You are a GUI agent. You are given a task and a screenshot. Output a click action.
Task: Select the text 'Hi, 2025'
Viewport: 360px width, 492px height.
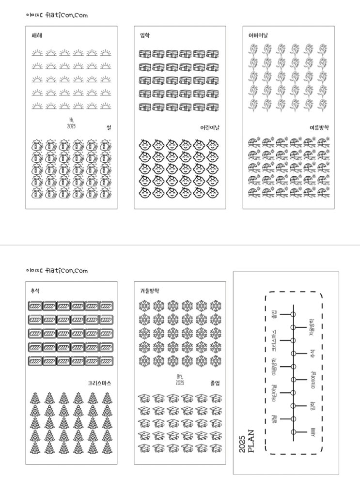[72, 123]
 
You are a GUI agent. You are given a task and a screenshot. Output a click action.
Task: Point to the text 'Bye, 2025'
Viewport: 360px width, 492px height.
[180, 379]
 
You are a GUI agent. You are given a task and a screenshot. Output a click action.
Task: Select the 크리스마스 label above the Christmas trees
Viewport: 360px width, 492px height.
[100, 383]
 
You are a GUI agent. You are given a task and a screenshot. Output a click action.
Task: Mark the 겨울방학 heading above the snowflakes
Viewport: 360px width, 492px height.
[149, 291]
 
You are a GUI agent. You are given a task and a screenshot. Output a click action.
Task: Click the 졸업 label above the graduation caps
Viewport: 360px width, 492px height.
[215, 383]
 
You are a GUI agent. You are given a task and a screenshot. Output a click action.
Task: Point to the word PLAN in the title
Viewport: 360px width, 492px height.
[250, 441]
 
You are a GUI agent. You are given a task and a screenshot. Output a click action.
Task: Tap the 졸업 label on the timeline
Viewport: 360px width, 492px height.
[274, 315]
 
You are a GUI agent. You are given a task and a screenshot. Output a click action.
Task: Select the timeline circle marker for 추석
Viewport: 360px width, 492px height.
[293, 353]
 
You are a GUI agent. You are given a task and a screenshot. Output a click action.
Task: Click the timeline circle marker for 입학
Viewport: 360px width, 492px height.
[293, 406]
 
